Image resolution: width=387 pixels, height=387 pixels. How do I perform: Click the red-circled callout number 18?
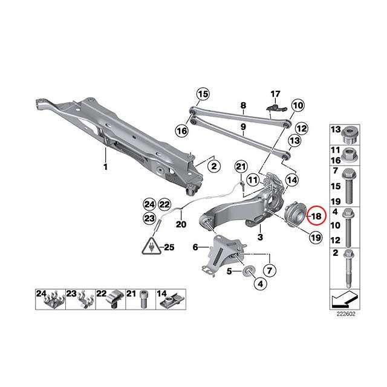coord(316,216)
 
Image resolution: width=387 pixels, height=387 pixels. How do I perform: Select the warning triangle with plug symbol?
coord(151,246)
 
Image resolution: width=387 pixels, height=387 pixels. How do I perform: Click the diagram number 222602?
coord(346,314)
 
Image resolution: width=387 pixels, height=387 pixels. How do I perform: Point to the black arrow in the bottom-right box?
coord(345,299)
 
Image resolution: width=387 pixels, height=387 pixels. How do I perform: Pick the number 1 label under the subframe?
coord(105,167)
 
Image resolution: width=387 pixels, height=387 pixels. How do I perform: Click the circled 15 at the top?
coord(203,94)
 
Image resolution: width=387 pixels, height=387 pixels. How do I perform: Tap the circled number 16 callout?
coord(182,131)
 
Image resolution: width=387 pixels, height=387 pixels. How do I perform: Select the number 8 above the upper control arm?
coord(243,106)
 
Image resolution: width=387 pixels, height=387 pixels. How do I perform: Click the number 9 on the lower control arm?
coord(243,126)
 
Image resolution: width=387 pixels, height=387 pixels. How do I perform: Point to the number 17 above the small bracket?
coord(276,94)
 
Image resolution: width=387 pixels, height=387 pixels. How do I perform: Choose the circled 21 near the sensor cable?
coord(241,167)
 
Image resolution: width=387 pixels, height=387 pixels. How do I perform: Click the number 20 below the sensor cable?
coord(181,224)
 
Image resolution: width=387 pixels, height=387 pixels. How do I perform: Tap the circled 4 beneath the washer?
coord(261,284)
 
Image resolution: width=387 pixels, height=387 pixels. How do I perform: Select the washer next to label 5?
coord(247,272)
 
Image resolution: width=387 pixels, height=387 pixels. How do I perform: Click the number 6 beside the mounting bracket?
coord(195,247)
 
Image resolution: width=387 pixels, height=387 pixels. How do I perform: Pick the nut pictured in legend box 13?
coord(349,136)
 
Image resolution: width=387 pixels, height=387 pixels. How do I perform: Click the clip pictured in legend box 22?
coord(113,300)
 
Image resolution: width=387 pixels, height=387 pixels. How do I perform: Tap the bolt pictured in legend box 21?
coord(143,299)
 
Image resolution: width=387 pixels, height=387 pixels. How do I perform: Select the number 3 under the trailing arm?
coord(261,237)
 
